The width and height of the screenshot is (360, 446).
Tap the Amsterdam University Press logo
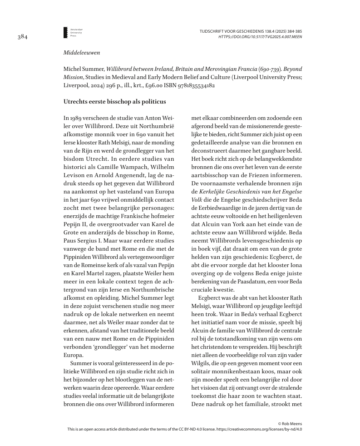(x=66, y=32)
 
